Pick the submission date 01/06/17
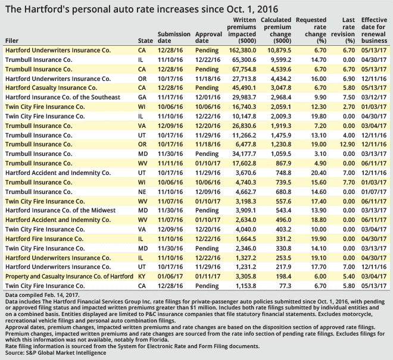[x=170, y=277]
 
